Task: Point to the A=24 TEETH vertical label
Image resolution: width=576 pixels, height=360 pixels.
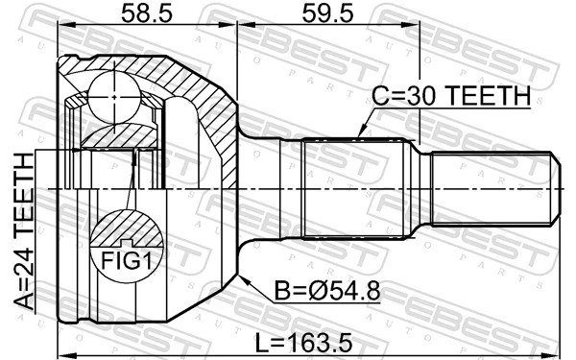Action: coord(20,234)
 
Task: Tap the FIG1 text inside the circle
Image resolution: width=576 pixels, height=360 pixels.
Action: coord(125,258)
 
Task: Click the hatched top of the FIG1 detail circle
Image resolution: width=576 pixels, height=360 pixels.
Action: coord(125,228)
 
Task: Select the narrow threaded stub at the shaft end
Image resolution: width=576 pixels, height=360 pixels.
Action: coord(492,187)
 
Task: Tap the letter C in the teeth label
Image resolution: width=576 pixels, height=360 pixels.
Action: coord(380,96)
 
